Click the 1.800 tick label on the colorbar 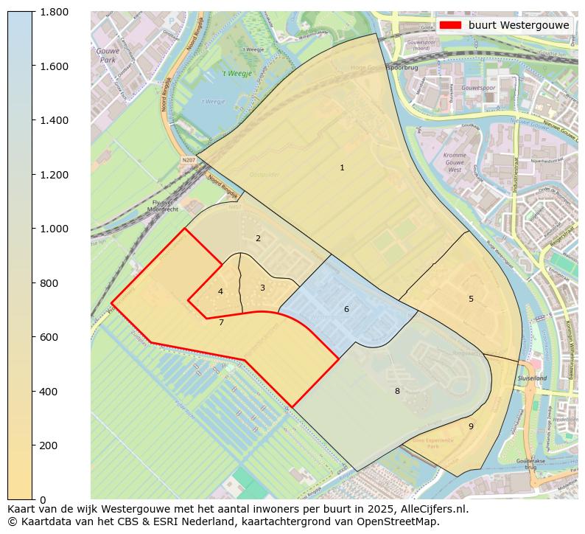[54, 12]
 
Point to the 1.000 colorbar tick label [54, 229]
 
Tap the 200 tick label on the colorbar [49, 445]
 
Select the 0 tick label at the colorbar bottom [42, 500]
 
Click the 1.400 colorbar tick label [54, 120]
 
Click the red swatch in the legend [449, 25]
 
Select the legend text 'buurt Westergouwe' [519, 25]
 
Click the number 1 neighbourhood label [342, 168]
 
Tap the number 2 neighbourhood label [258, 238]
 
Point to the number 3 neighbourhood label [262, 288]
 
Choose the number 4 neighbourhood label [220, 292]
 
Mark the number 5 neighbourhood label [471, 299]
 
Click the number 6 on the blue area [346, 309]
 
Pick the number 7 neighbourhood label [221, 322]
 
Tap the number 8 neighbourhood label [397, 391]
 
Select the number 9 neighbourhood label [471, 426]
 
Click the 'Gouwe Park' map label [108, 55]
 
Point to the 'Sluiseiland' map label [532, 378]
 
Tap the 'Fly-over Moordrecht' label [163, 206]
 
